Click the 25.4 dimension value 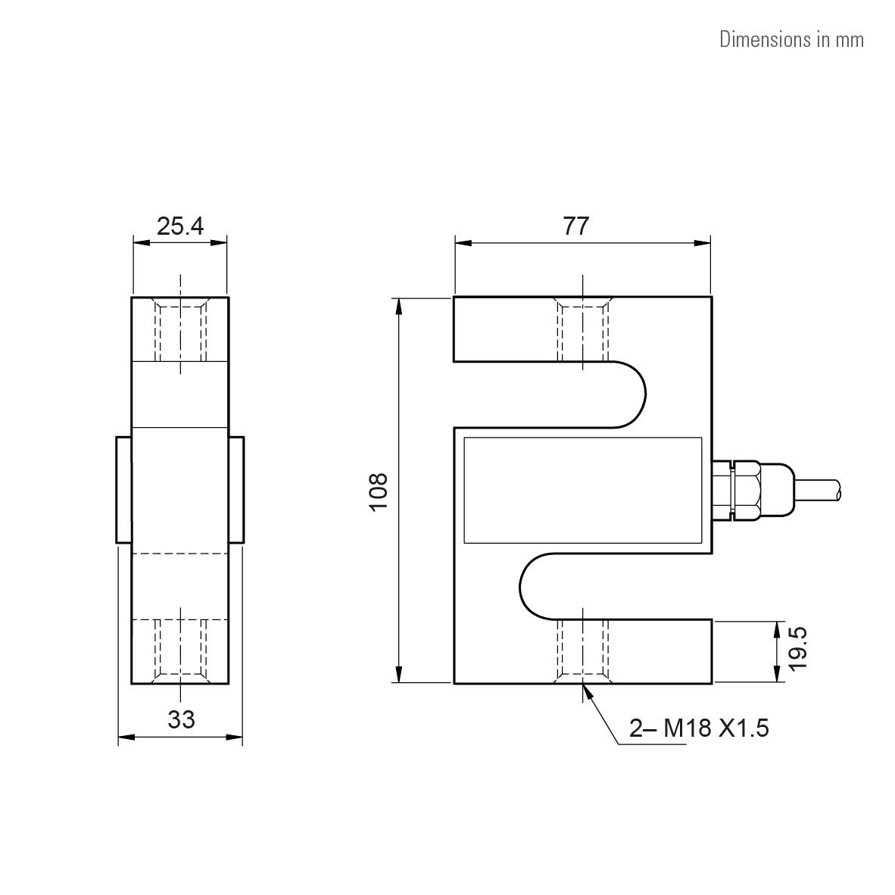[x=180, y=226]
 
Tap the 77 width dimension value [x=576, y=226]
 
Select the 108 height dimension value [x=378, y=491]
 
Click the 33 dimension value [x=181, y=719]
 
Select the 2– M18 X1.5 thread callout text [x=699, y=728]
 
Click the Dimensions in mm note [x=791, y=39]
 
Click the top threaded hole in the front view [x=583, y=329]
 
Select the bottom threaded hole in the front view [x=583, y=650]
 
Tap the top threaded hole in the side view [x=180, y=331]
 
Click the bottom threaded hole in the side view [x=180, y=650]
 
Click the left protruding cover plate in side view [x=123, y=489]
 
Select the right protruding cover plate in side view [x=236, y=489]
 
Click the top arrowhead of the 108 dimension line [x=398, y=304]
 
